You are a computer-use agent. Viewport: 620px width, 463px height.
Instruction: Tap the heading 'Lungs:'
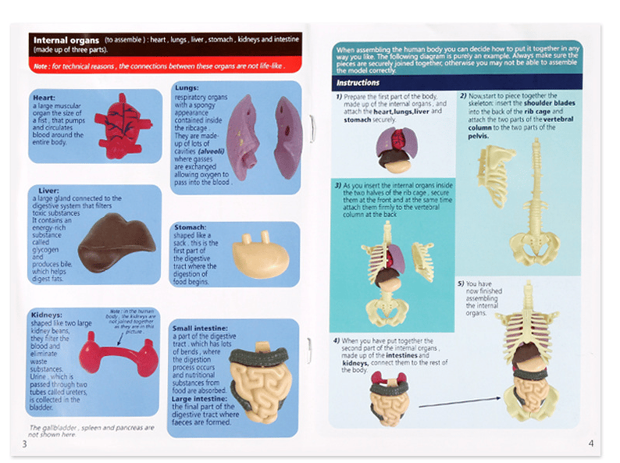pyautogui.click(x=187, y=87)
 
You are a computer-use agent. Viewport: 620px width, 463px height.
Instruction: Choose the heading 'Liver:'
pyautogui.click(x=46, y=191)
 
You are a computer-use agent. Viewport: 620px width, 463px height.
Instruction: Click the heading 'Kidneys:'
pyautogui.click(x=48, y=314)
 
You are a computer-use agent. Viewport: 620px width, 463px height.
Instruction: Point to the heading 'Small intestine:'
pyautogui.click(x=200, y=328)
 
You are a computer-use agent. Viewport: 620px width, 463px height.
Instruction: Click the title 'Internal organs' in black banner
pyautogui.click(x=66, y=40)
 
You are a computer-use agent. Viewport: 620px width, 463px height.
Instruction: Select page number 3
pyautogui.click(x=24, y=443)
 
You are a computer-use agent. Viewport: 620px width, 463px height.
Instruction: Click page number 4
pyautogui.click(x=591, y=443)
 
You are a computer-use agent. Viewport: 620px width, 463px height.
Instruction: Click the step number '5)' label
pyautogui.click(x=461, y=283)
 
